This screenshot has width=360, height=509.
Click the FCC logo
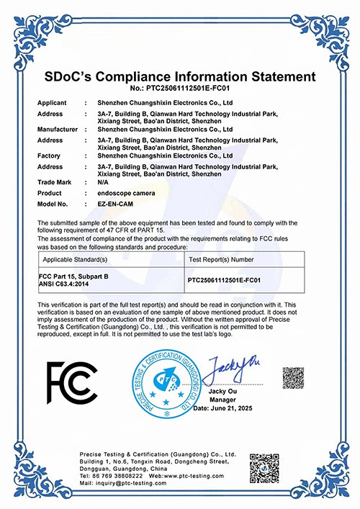coord(72,382)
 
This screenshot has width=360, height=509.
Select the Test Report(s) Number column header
coord(221,257)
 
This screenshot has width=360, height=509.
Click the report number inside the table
coord(233,277)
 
